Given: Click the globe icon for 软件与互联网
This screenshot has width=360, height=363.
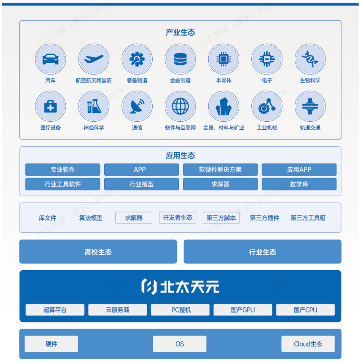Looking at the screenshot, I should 180,106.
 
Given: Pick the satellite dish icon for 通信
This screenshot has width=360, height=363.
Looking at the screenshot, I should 137,106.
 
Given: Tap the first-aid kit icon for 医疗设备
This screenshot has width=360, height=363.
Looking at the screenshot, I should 50,106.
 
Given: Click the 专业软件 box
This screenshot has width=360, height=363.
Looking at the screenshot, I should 63,170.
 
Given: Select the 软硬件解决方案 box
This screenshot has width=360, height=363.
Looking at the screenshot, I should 220,170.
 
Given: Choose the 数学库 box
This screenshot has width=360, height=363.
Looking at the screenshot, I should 299,184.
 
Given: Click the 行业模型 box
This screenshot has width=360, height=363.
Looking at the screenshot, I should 142,184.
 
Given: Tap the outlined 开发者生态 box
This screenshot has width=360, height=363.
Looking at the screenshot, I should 178,218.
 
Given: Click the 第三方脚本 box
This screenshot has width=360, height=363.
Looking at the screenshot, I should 221,218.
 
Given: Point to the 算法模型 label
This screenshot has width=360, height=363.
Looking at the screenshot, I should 91,218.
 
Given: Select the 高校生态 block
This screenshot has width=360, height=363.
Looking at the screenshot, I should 98,252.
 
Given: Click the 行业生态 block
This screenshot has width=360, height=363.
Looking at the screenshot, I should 262,252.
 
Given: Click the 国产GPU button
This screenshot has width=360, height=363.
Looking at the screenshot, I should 243,310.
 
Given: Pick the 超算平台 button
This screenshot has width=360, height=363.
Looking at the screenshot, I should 55,310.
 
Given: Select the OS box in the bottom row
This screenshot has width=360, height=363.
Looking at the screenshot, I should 180,344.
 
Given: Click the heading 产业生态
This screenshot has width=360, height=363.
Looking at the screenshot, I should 180,33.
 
